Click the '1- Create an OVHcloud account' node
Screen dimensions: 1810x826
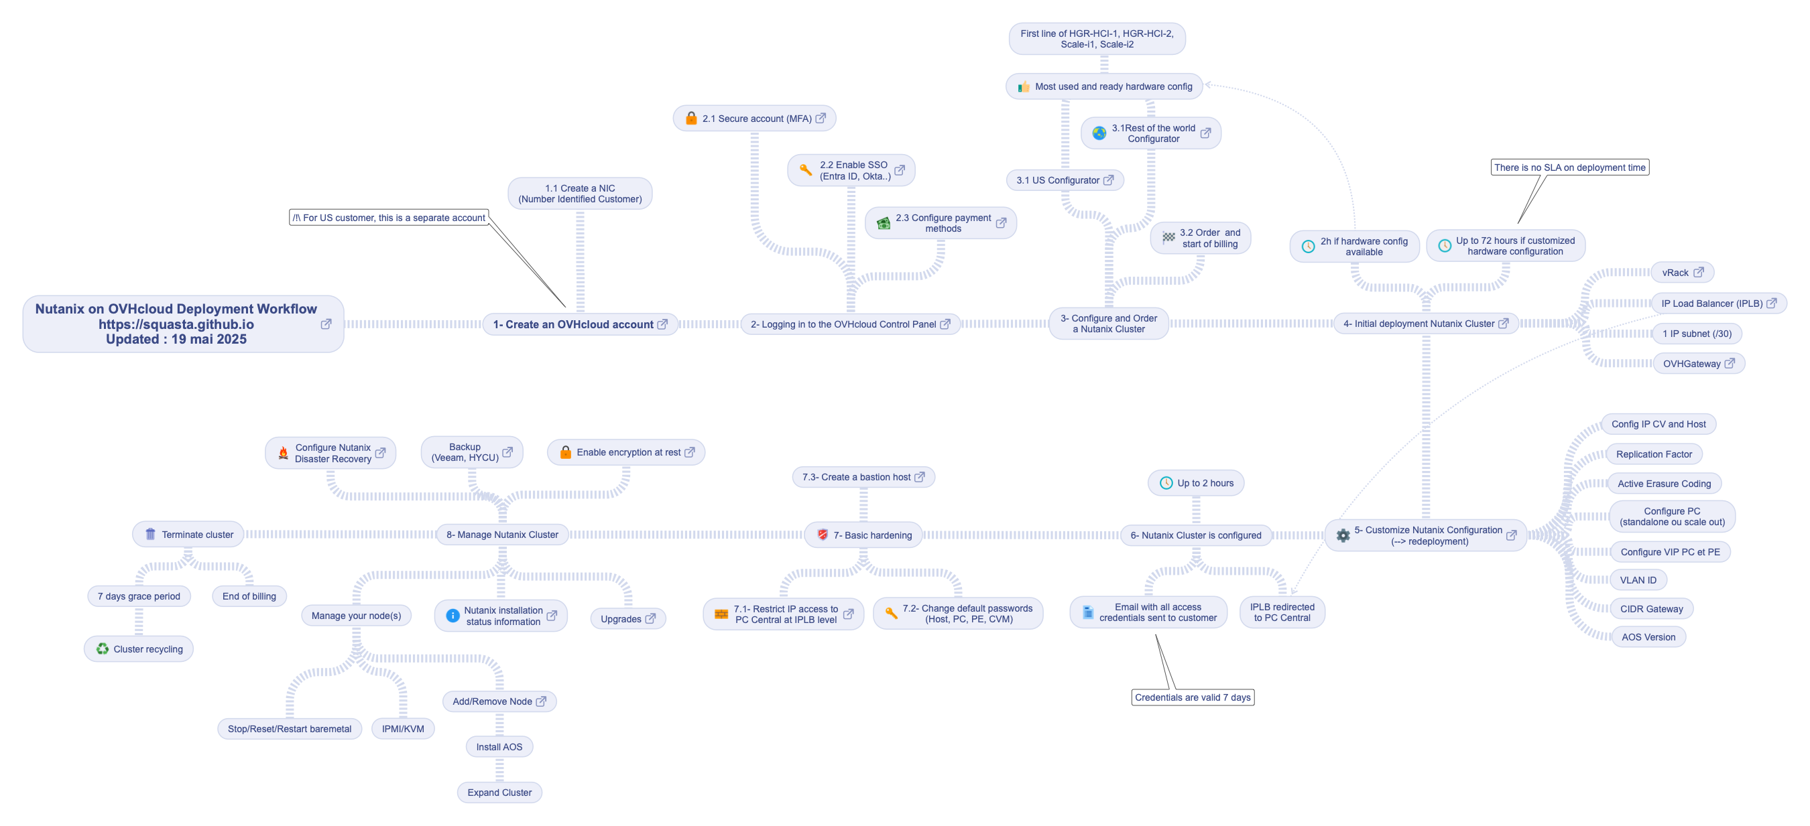(580, 324)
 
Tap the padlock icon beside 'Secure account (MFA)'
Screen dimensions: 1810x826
(691, 118)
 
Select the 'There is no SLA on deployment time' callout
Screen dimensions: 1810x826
(1570, 167)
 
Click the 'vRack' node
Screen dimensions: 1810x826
(1682, 273)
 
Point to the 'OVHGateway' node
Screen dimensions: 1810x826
(1698, 364)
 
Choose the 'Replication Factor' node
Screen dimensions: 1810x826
(1654, 454)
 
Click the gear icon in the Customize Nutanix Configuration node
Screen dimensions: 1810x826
(1343, 535)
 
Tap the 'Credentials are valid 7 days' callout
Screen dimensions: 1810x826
(1193, 697)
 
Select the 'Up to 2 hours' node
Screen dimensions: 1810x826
(1196, 483)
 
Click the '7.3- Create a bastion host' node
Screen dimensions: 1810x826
(863, 477)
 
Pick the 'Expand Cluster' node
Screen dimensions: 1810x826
(499, 793)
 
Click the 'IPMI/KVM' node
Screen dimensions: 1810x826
(403, 728)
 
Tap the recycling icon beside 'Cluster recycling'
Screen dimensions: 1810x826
(103, 649)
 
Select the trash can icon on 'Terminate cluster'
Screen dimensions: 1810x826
(150, 534)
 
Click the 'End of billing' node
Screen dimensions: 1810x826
(249, 596)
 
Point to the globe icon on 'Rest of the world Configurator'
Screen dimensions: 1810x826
(1099, 133)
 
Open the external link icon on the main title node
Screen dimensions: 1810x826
(326, 324)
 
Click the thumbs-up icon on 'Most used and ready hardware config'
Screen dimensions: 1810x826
(1024, 86)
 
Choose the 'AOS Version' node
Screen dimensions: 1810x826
(1648, 637)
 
